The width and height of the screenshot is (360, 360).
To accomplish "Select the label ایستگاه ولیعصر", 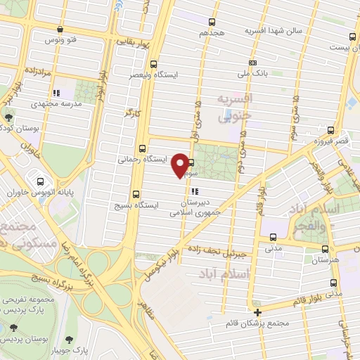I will pyautogui.click(x=157, y=73).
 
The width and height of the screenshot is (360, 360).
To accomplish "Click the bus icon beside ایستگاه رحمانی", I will pyautogui.click(x=143, y=148).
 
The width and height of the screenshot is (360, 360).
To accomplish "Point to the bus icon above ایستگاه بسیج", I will pyautogui.click(x=136, y=194).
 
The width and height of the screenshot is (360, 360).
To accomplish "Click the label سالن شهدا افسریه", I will pyautogui.click(x=274, y=32).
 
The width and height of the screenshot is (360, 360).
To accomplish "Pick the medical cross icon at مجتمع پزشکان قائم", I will pyautogui.click(x=258, y=312).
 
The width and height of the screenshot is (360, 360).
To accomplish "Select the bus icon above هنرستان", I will pyautogui.click(x=324, y=249).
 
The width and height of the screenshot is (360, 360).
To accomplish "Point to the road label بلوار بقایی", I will pyautogui.click(x=134, y=42).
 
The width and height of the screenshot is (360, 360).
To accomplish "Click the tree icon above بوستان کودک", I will pyautogui.click(x=8, y=118).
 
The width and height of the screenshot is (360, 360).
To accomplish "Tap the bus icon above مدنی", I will pyautogui.click(x=273, y=238).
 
